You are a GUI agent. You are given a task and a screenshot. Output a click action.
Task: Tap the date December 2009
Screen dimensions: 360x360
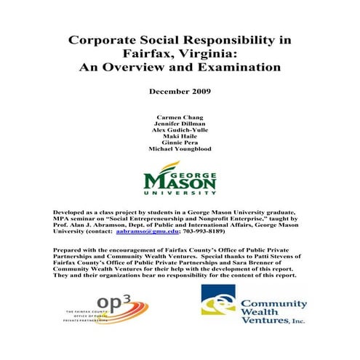(x=179, y=95)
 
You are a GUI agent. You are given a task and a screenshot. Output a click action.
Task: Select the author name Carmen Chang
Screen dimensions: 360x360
(x=179, y=117)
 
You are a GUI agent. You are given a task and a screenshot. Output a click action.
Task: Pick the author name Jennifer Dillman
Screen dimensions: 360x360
(x=179, y=124)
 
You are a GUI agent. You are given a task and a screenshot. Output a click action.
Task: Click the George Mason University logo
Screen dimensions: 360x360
(x=179, y=179)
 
